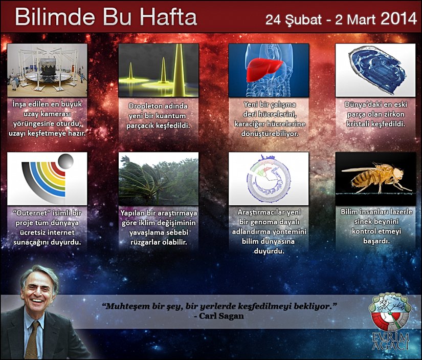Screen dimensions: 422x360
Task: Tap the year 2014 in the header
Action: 398,19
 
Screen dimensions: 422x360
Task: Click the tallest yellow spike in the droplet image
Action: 179,71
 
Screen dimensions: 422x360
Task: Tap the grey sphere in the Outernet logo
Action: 65,161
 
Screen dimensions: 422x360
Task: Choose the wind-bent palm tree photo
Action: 159,179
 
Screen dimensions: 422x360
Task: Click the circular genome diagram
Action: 269,179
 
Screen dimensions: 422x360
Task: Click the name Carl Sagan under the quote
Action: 221,316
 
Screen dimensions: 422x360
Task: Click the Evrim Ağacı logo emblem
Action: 390,312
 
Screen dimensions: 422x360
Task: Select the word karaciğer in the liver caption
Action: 250,124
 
